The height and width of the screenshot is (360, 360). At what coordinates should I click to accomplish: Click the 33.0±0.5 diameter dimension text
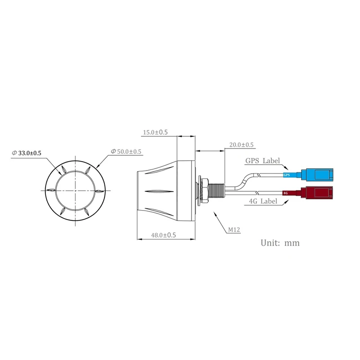pos(30,153)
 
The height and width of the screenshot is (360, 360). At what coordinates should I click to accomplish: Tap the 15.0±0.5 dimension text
pos(155,132)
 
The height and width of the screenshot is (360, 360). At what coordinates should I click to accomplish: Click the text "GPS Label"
pos(262,161)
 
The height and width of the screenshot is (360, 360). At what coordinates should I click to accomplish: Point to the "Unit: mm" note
pos(280,243)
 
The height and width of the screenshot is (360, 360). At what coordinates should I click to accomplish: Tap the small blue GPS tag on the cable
pos(287,175)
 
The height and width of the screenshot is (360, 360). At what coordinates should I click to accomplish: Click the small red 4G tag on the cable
pos(285,193)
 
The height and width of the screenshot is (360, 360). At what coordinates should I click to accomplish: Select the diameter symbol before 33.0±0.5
pos(14,153)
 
